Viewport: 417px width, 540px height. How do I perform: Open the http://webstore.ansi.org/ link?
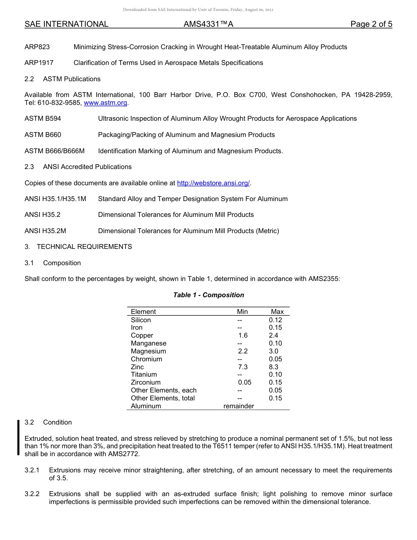point(213,183)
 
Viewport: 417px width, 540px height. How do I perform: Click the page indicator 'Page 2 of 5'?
point(371,25)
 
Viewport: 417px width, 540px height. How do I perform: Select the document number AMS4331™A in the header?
point(208,25)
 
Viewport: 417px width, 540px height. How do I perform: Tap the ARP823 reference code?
point(37,47)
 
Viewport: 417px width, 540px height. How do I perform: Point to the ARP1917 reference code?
point(39,63)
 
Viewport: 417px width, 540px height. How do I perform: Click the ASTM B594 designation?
point(43,119)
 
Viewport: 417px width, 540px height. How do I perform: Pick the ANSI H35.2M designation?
point(45,231)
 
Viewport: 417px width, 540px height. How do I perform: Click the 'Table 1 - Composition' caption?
point(208,295)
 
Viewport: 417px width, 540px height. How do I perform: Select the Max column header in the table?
point(277,312)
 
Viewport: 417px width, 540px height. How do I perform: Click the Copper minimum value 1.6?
point(243,335)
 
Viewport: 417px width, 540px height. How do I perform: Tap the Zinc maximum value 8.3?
point(273,367)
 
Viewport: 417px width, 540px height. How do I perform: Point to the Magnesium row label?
point(148,351)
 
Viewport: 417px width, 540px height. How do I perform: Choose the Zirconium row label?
point(146,382)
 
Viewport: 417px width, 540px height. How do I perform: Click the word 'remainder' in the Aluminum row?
point(239,406)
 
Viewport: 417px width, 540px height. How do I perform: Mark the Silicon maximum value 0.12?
point(275,320)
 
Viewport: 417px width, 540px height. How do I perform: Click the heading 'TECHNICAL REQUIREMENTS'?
point(84,247)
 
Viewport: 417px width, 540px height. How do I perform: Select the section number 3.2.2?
point(32,494)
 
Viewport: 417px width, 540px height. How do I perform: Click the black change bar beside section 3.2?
point(18,437)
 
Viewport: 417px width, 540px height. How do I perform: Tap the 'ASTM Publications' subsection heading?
point(72,79)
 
